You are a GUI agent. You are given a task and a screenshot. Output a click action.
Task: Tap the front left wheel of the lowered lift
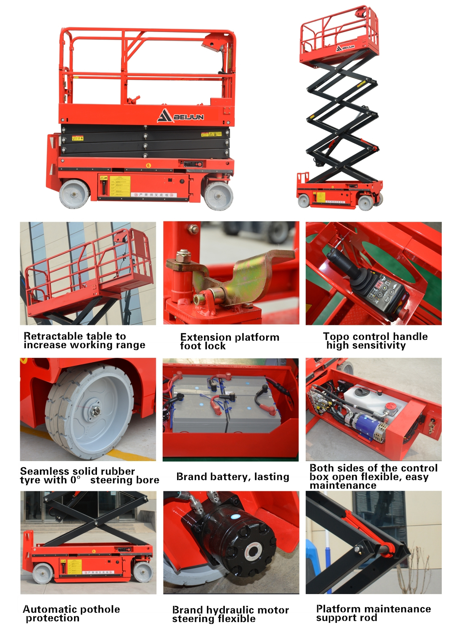(x=74, y=194)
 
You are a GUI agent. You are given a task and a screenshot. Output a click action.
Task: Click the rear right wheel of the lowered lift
(x=218, y=196)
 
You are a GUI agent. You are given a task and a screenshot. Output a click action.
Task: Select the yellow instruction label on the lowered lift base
(x=120, y=185)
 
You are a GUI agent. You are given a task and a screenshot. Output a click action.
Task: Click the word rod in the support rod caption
(x=369, y=618)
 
